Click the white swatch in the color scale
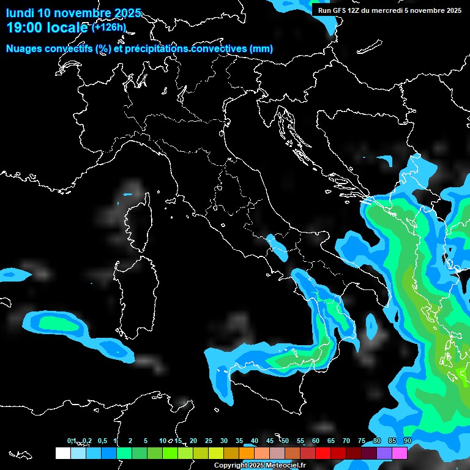(x=62, y=453)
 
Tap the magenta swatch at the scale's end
(x=400, y=453)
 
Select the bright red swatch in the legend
(x=323, y=453)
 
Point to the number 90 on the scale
(x=408, y=441)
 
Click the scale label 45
(x=270, y=441)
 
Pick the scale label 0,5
(x=102, y=441)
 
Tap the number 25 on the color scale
(x=209, y=441)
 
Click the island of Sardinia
(x=132, y=288)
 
